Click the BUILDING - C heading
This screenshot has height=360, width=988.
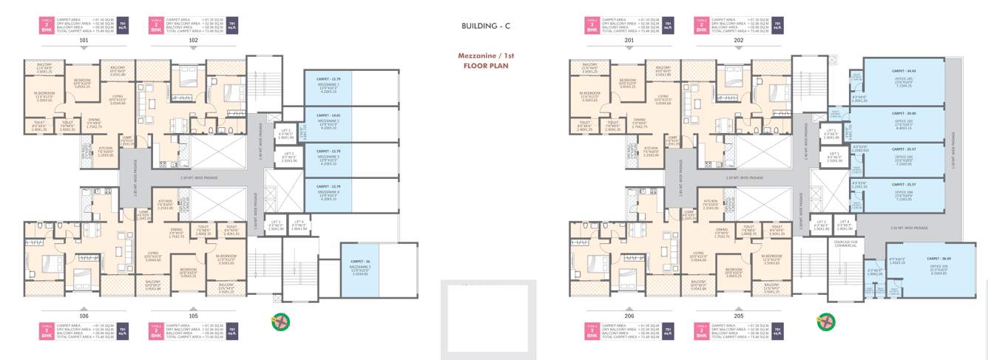pyautogui.click(x=486, y=26)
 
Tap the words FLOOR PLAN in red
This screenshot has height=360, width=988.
pyautogui.click(x=486, y=65)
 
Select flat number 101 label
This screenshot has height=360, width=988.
pyautogui.click(x=84, y=41)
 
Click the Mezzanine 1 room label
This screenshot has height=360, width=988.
pyautogui.click(x=328, y=87)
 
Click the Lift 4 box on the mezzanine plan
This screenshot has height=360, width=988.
pyautogui.click(x=300, y=225)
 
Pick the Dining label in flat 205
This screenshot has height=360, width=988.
pyautogui.click(x=721, y=234)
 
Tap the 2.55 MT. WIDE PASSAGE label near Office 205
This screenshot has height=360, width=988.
pyautogui.click(x=909, y=228)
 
